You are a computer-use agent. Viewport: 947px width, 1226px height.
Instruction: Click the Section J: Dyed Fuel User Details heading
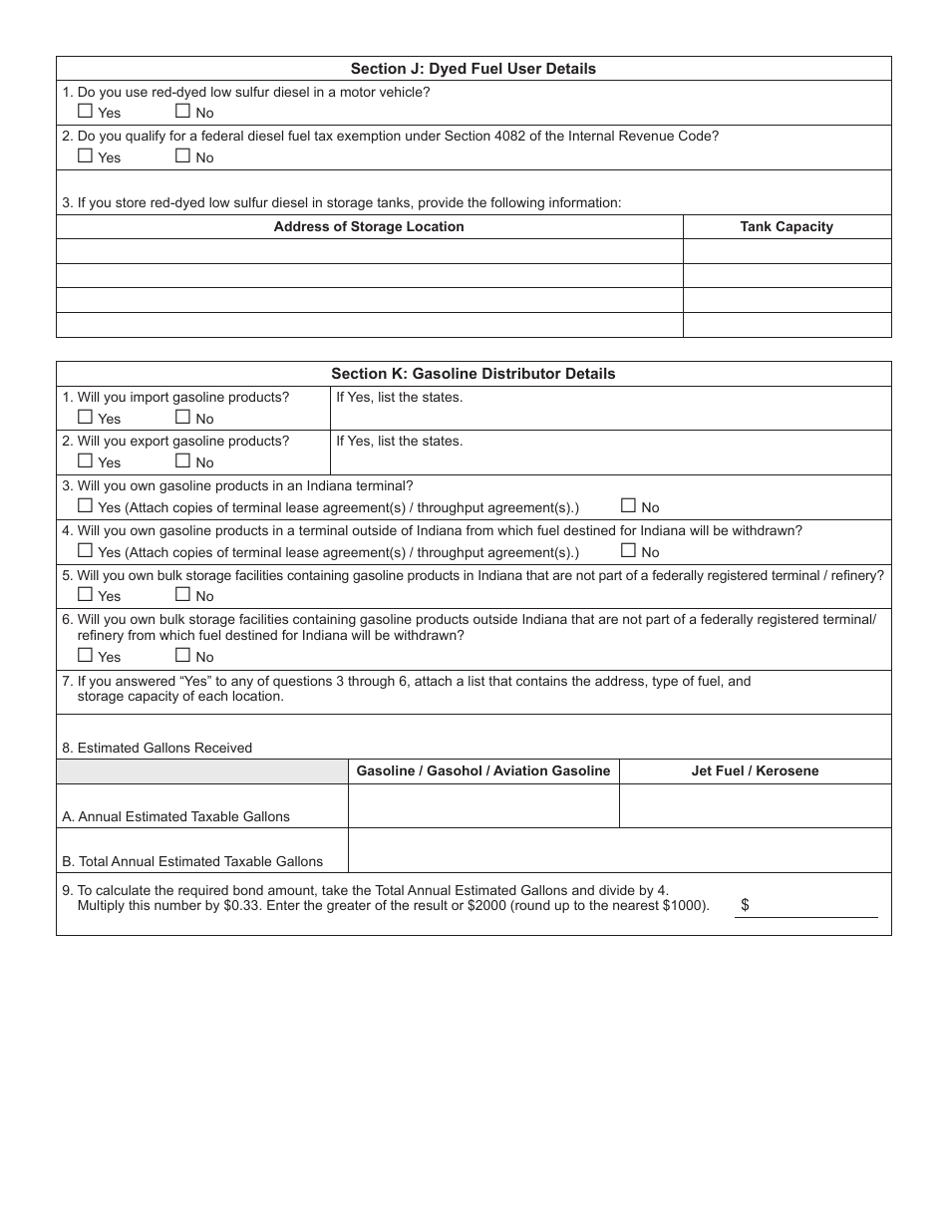pyautogui.click(x=473, y=69)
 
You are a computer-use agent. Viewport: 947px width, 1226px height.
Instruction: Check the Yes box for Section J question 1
pyautogui.click(x=85, y=112)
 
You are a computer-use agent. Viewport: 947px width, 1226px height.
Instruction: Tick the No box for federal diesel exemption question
pyautogui.click(x=182, y=155)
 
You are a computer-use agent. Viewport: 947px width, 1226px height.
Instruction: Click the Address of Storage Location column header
pyautogui.click(x=369, y=226)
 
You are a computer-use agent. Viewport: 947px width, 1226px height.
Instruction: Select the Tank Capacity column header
pyautogui.click(x=787, y=226)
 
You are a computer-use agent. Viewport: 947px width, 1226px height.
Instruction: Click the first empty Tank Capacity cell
pyautogui.click(x=787, y=251)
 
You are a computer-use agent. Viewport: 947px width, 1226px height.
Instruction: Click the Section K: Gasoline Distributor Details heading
pyautogui.click(x=473, y=374)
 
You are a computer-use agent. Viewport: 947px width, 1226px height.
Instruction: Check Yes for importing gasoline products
pyautogui.click(x=85, y=418)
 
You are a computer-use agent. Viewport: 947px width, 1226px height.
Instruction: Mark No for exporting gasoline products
pyautogui.click(x=182, y=460)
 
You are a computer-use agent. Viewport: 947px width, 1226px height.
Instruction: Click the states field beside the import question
pyautogui.click(x=610, y=415)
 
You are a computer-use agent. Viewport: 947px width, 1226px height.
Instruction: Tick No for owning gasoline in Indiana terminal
pyautogui.click(x=628, y=505)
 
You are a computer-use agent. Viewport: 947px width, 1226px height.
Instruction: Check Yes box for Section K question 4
pyautogui.click(x=85, y=550)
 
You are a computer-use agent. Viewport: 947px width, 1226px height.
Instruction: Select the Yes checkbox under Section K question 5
pyautogui.click(x=85, y=594)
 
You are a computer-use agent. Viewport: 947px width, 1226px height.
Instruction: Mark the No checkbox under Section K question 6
pyautogui.click(x=182, y=655)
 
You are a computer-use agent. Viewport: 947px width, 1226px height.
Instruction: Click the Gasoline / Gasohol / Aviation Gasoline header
pyautogui.click(x=483, y=770)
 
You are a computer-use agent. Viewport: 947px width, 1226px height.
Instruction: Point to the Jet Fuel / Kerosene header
pyautogui.click(x=755, y=770)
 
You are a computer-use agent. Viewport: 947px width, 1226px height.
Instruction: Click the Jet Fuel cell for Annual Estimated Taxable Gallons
pyautogui.click(x=755, y=805)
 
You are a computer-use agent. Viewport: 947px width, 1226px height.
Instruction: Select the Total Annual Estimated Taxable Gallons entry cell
pyautogui.click(x=618, y=850)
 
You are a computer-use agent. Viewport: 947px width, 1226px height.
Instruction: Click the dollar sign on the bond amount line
pyautogui.click(x=745, y=905)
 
